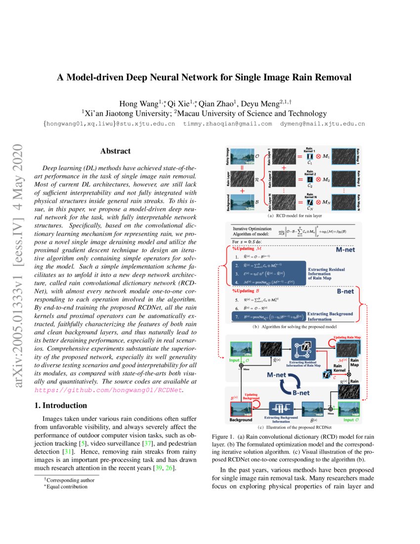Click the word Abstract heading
[x=115, y=151]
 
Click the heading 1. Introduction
[x=61, y=406]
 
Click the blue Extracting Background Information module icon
[x=281, y=409]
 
